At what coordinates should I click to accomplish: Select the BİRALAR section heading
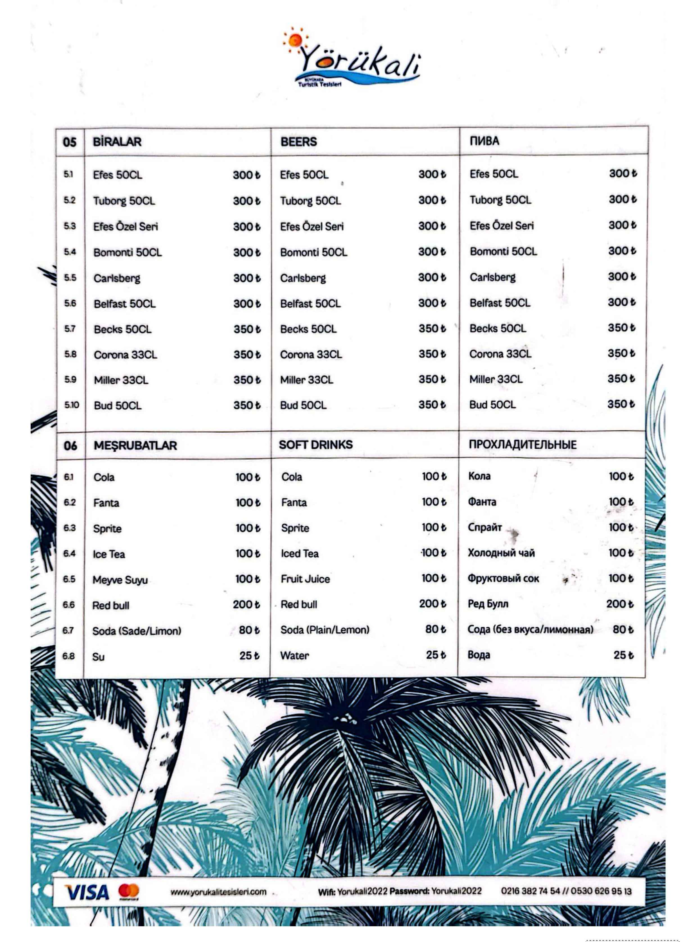117,142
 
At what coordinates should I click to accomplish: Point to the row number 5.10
71,405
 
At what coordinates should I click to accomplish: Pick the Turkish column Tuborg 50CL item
124,201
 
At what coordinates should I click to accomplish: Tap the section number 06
71,446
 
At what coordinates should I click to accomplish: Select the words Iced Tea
300,554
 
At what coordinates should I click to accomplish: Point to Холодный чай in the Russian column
501,553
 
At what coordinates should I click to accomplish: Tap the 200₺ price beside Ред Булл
619,604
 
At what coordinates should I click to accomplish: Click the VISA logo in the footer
87,892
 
